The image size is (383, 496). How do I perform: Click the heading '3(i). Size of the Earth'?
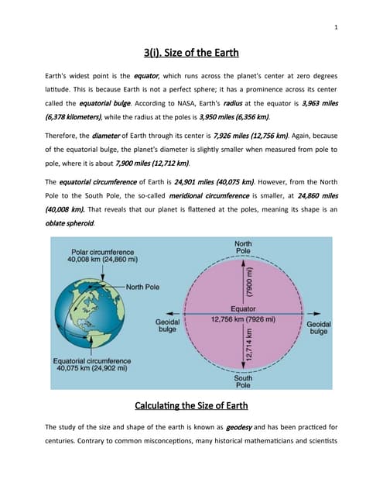pos(191,53)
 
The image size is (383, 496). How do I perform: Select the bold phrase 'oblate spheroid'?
pos(71,222)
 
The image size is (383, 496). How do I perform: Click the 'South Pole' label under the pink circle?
pos(242,381)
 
